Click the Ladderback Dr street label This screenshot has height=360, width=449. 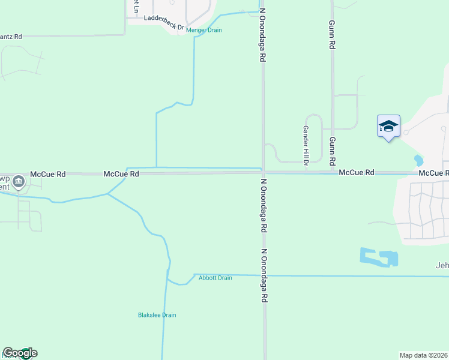[x=164, y=19]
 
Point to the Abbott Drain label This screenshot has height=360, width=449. [x=215, y=278]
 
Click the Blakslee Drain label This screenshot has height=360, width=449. [x=157, y=315]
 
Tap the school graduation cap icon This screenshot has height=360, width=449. [x=388, y=126]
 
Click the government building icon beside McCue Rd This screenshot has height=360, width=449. [x=19, y=181]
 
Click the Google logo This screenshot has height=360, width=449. [x=20, y=353]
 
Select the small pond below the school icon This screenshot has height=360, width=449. [x=418, y=161]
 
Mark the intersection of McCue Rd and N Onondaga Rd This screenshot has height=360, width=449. [x=262, y=173]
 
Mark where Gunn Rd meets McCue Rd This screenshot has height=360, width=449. [x=332, y=172]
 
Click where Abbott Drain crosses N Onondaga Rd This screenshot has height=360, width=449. [x=263, y=275]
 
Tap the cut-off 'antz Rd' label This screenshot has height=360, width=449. [x=11, y=37]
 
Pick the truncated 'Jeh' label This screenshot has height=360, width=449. [x=442, y=266]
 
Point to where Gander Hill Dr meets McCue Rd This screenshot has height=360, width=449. [x=306, y=172]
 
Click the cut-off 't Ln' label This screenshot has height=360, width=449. [x=136, y=7]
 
